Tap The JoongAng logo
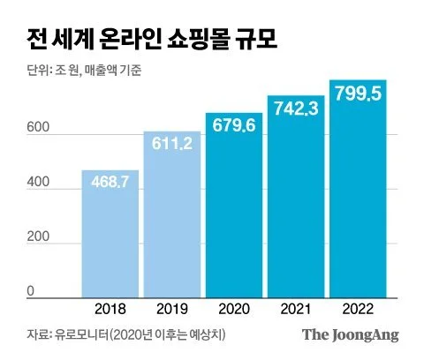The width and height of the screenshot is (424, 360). [351, 334]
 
